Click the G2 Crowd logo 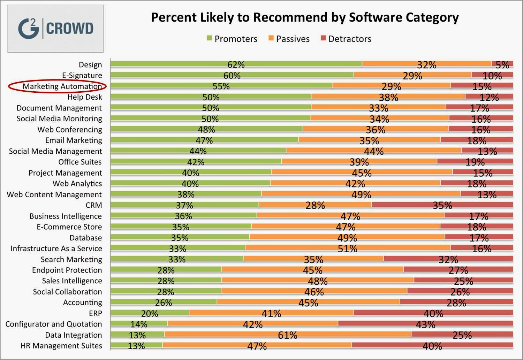pyautogui.click(x=55, y=29)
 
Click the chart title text pyautogui.click(x=304, y=17)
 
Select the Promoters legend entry pyautogui.click(x=232, y=39)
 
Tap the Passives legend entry pyautogui.click(x=289, y=39)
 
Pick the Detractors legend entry pyautogui.click(x=346, y=39)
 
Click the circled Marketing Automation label pyautogui.click(x=62, y=86)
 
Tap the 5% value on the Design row pyautogui.click(x=502, y=65)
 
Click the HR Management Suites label pyautogui.click(x=61, y=346)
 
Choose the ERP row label pyautogui.click(x=96, y=313)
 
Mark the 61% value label pyautogui.click(x=288, y=335)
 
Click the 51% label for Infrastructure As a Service pyautogui.click(x=348, y=248)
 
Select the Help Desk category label pyautogui.click(x=85, y=97)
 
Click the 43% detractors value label pyautogui.click(x=426, y=324)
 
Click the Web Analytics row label pyautogui.click(x=77, y=184)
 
